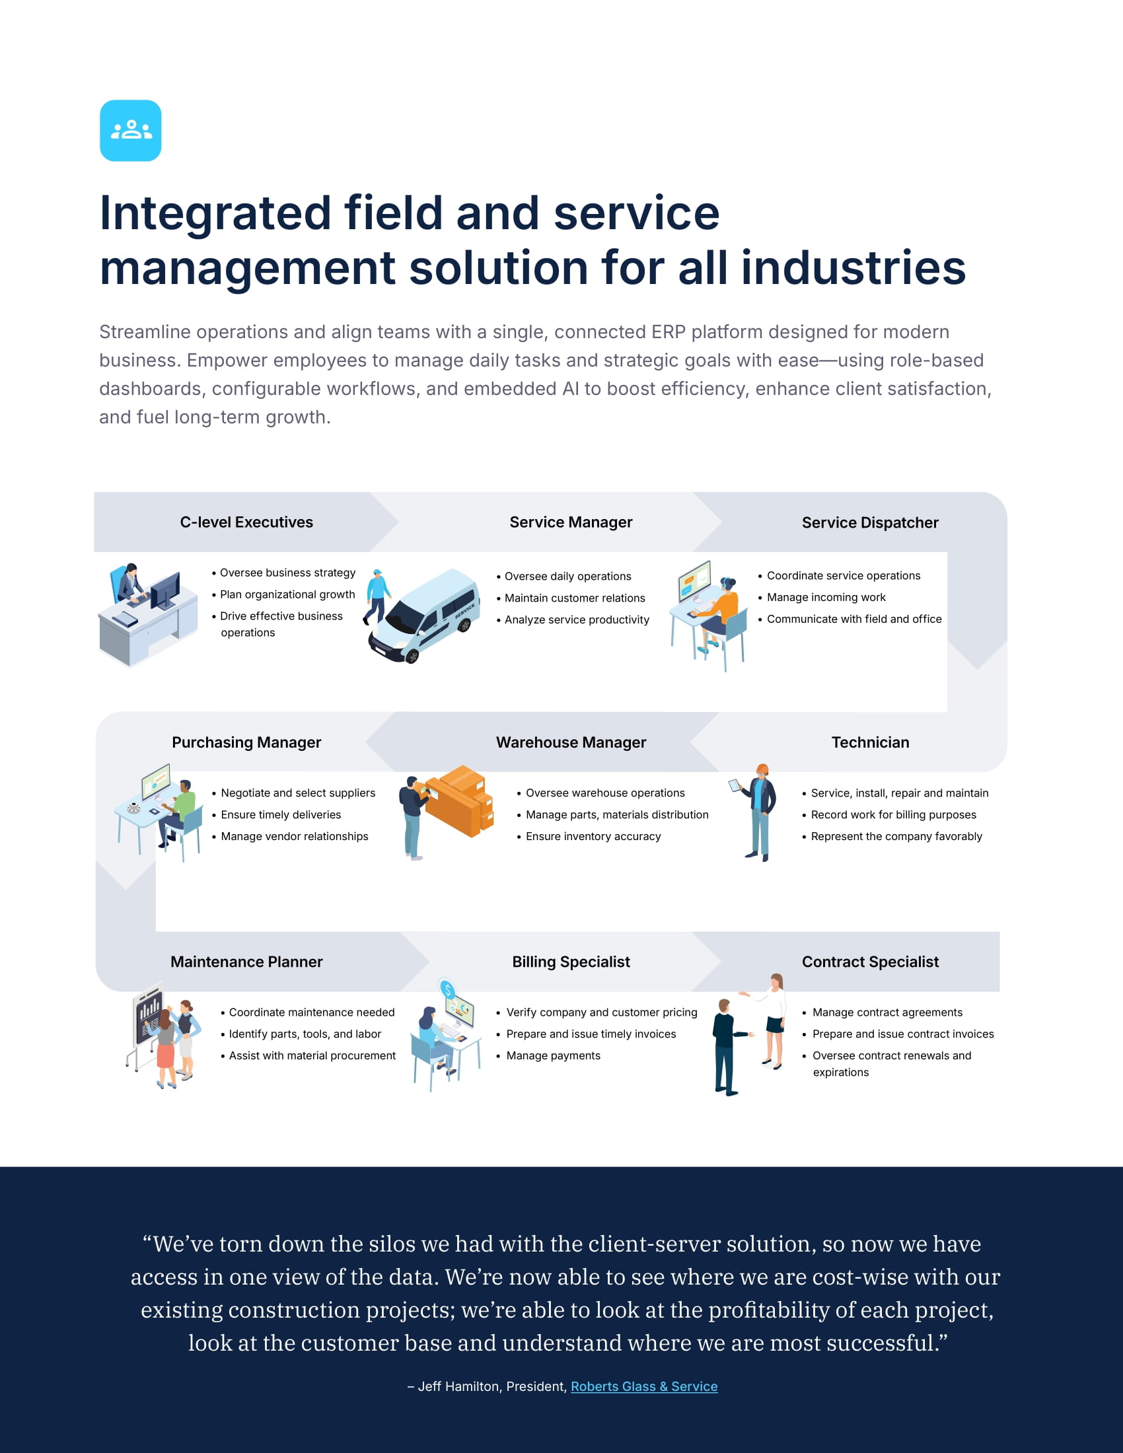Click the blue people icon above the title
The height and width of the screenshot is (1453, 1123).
[x=130, y=130]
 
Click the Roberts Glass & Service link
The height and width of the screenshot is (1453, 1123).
[x=643, y=1386]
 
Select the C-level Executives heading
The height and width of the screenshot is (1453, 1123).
[x=246, y=522]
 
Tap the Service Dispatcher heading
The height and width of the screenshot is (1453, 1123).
[x=869, y=522]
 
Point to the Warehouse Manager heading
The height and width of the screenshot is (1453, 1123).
[x=571, y=742]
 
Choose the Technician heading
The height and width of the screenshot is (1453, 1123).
[x=869, y=742]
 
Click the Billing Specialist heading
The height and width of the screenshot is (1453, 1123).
[x=571, y=962]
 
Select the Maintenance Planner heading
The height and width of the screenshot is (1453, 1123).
[x=246, y=962]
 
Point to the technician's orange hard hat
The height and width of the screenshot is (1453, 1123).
[x=762, y=769]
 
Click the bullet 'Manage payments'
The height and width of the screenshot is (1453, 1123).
[x=553, y=1056]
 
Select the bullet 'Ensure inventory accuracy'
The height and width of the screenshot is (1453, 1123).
[x=593, y=836]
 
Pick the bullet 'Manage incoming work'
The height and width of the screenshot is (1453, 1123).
[x=826, y=598]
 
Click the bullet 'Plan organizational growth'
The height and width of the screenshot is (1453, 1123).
[x=287, y=595]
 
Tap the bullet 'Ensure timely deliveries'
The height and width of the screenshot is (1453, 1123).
[x=281, y=815]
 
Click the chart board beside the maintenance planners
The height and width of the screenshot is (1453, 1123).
[x=149, y=1014]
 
